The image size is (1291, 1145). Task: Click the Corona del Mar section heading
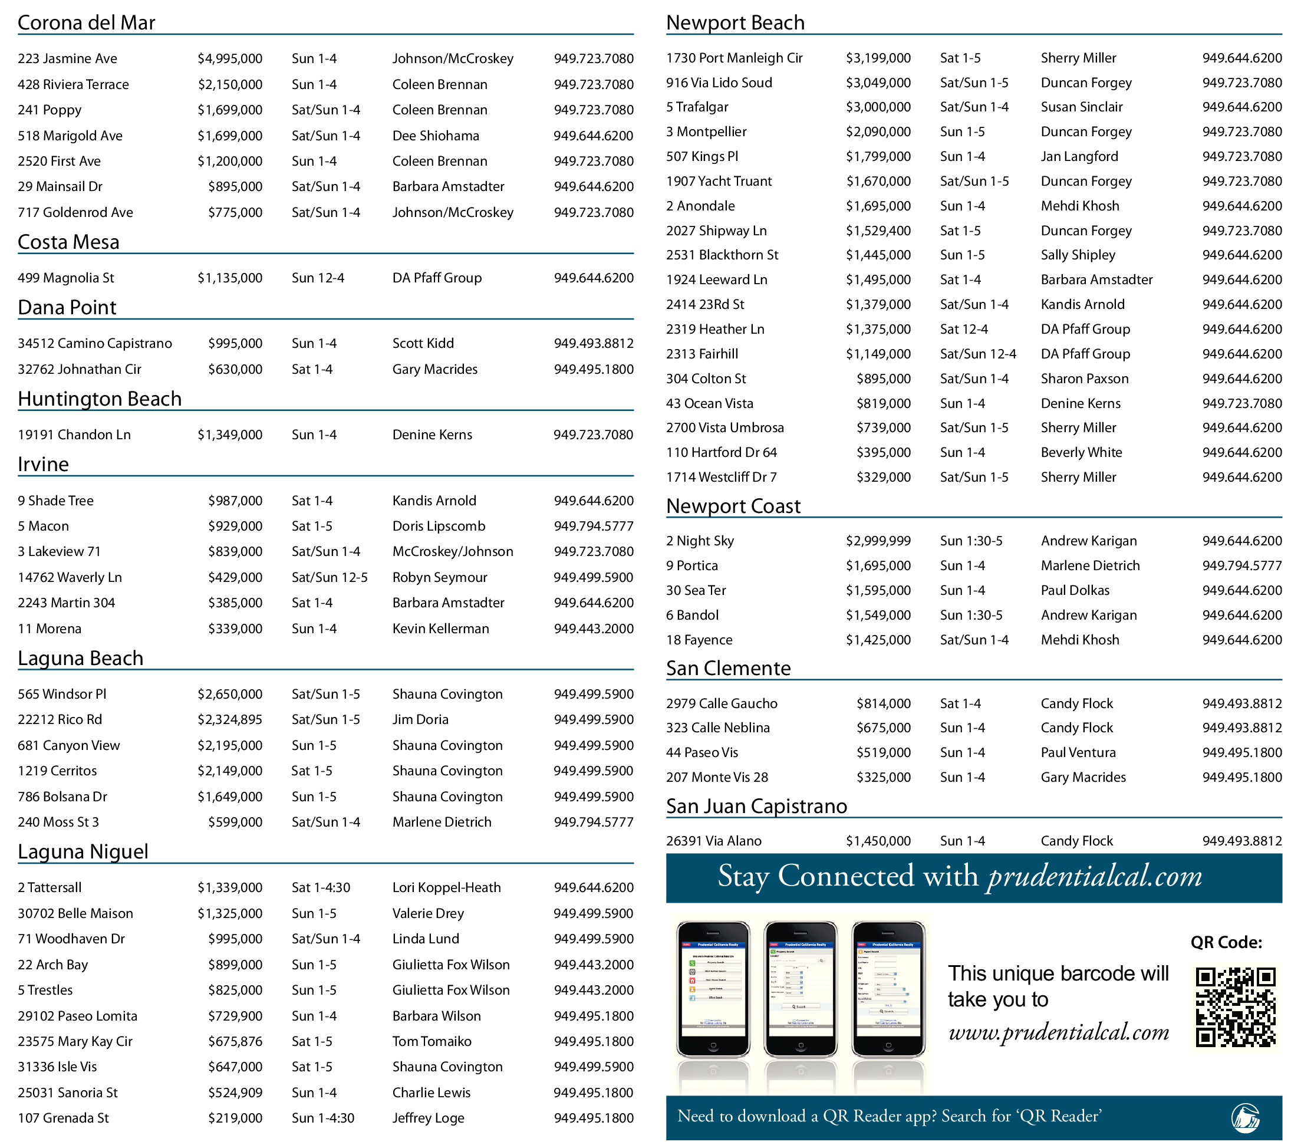[x=87, y=23]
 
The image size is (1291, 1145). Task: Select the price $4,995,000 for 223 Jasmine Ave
[x=230, y=59]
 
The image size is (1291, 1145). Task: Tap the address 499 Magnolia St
[x=65, y=278]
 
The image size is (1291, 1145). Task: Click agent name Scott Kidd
[x=423, y=344]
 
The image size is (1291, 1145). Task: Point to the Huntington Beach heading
[x=100, y=399]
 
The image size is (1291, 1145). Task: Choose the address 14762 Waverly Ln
[x=70, y=577]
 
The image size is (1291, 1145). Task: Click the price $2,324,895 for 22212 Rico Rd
[x=230, y=719]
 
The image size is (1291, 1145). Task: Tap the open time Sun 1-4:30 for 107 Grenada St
[x=323, y=1118]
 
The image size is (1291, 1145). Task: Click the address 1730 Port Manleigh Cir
[x=734, y=58]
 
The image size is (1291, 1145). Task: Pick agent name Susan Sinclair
[x=1081, y=107]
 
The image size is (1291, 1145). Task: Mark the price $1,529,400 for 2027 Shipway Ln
[x=878, y=231]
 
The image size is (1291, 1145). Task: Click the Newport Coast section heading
[x=733, y=506]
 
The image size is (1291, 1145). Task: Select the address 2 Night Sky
[x=700, y=541]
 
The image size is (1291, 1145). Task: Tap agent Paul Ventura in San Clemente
[x=1078, y=753]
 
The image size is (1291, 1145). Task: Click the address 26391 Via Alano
[x=714, y=841]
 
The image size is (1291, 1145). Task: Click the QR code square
[x=1235, y=1006]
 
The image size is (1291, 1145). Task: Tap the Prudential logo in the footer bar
[x=1245, y=1117]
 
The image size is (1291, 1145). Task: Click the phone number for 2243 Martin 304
[x=593, y=603]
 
